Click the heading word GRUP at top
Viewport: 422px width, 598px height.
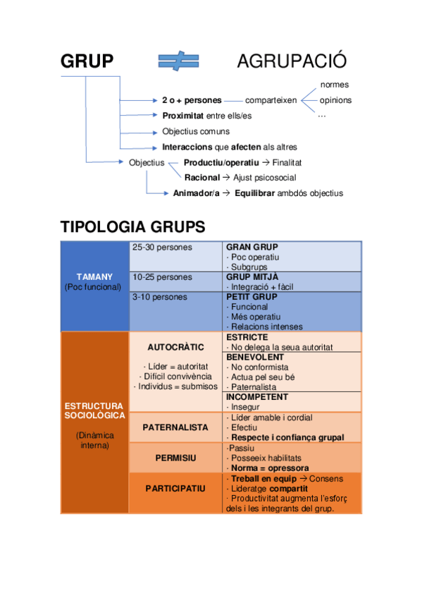pos(87,61)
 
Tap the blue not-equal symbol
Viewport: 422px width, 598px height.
pos(181,62)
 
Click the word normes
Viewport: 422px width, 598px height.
pos(334,85)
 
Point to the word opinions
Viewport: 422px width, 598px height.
pos(335,100)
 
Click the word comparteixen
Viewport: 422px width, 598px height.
pos(271,100)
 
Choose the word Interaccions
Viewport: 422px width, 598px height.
pos(187,147)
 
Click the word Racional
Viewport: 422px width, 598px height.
pos(201,178)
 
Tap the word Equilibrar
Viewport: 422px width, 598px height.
pos(254,193)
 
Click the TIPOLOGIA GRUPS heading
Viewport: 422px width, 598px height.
pos(132,227)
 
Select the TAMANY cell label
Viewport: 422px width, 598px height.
pos(94,276)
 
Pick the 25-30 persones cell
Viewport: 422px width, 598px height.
pos(162,248)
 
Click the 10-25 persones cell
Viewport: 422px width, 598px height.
pos(162,277)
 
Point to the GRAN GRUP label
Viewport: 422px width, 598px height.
pos(252,248)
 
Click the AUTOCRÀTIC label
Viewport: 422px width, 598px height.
pos(175,348)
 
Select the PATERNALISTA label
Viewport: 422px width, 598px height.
pos(175,427)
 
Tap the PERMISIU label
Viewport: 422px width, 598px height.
pos(175,458)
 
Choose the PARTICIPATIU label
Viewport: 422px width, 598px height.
pos(175,488)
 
